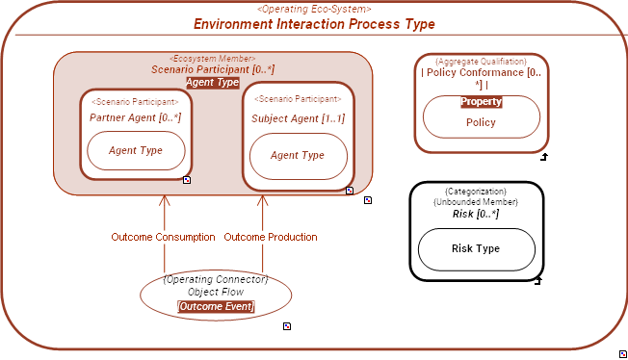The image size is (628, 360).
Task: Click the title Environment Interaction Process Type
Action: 314,24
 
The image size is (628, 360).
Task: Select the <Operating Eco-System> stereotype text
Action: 314,9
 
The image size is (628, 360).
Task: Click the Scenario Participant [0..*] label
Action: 213,70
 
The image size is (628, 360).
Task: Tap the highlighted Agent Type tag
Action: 213,83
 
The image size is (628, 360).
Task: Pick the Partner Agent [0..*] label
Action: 135,117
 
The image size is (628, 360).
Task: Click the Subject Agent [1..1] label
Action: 298,118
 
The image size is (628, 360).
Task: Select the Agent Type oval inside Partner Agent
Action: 135,150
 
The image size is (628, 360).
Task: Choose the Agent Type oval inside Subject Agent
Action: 298,156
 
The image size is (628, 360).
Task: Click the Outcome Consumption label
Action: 163,237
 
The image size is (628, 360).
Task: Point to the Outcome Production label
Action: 271,237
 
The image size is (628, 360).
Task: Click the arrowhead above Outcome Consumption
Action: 165,201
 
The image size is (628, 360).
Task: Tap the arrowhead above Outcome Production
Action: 272,201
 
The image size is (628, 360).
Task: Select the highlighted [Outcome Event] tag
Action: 216,307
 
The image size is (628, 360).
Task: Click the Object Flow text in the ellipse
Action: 216,292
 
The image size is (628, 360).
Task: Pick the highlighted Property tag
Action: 481,101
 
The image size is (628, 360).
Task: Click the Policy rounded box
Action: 481,122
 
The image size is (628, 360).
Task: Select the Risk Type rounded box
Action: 476,248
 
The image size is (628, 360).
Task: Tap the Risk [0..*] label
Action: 476,214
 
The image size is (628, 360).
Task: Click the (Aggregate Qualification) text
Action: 481,61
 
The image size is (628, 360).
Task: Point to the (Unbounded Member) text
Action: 476,202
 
